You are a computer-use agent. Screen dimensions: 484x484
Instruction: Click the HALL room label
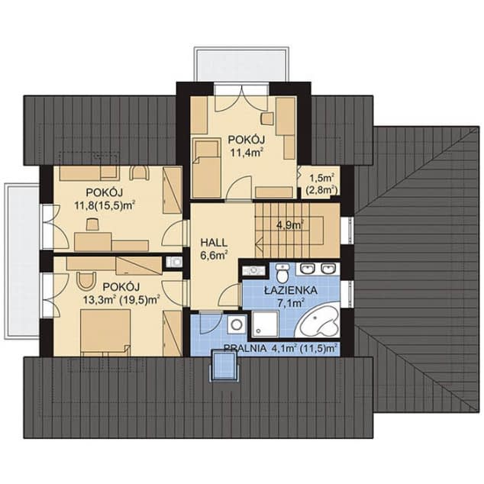(x=215, y=240)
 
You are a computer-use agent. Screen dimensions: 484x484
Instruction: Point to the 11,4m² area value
(x=245, y=152)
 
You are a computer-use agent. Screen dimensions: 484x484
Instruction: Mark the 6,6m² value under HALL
(x=215, y=254)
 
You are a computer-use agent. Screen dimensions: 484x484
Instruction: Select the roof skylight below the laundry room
(x=225, y=366)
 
